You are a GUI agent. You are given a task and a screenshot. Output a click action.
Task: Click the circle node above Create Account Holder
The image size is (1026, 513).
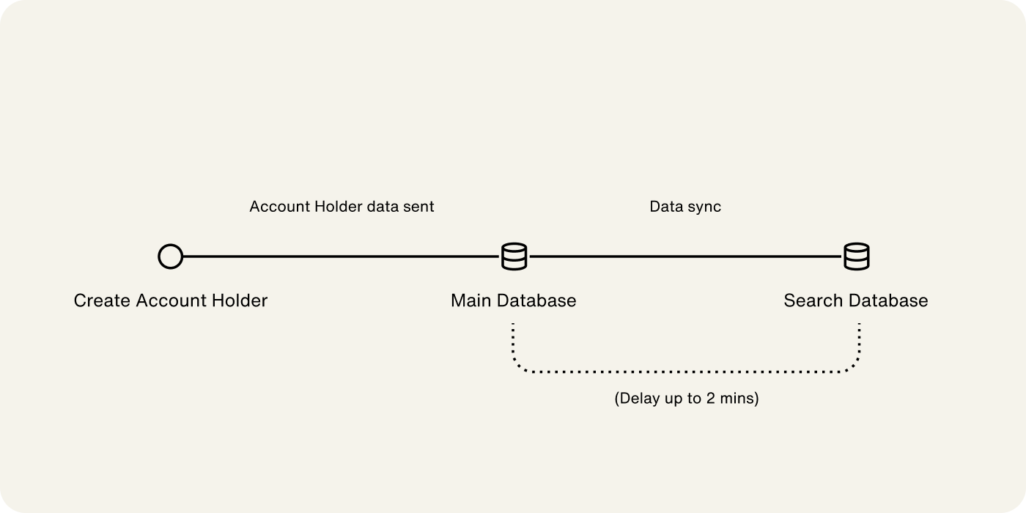click(x=170, y=257)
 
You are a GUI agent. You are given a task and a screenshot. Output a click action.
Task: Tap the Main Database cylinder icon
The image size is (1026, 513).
click(x=514, y=257)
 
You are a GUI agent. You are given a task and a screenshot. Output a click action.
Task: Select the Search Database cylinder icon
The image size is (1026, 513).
click(x=856, y=257)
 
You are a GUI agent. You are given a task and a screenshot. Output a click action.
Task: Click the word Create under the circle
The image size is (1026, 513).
click(x=102, y=300)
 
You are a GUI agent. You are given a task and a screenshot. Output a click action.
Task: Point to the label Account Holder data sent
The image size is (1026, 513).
click(x=342, y=207)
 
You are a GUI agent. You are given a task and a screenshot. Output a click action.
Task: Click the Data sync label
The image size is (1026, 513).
click(x=685, y=207)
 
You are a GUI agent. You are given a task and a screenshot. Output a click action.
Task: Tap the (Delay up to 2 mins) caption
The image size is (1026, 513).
click(x=686, y=399)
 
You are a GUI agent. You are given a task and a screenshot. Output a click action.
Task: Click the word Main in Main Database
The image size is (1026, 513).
click(x=470, y=300)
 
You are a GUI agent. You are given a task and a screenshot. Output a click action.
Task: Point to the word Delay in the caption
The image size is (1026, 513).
click(x=638, y=399)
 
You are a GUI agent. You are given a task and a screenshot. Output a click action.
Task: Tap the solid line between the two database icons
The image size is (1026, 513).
click(x=685, y=257)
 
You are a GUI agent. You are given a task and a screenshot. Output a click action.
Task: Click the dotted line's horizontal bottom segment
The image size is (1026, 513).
click(x=686, y=372)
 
